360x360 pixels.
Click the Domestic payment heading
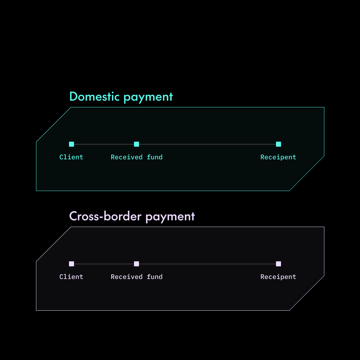tap(121, 97)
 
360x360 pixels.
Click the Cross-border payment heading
tap(132, 216)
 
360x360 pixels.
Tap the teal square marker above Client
tap(71, 144)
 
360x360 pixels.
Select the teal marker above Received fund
tap(136, 144)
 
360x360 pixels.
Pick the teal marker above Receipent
tap(278, 144)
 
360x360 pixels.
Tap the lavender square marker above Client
tap(71, 264)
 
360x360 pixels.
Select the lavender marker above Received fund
tap(136, 264)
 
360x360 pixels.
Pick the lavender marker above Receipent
tap(278, 264)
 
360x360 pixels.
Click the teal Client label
tap(71, 157)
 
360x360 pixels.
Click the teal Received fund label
tap(137, 157)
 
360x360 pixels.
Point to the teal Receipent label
tap(278, 157)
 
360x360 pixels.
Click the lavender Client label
tap(71, 277)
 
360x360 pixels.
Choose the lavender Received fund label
tap(137, 277)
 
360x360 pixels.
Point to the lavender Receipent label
tap(278, 277)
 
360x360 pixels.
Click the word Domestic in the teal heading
tap(94, 97)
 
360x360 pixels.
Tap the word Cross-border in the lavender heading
tap(105, 216)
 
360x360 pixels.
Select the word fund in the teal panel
tap(155, 157)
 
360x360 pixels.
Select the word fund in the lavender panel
tap(155, 277)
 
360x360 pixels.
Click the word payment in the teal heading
tap(148, 97)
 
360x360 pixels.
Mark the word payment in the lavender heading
tap(170, 217)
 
